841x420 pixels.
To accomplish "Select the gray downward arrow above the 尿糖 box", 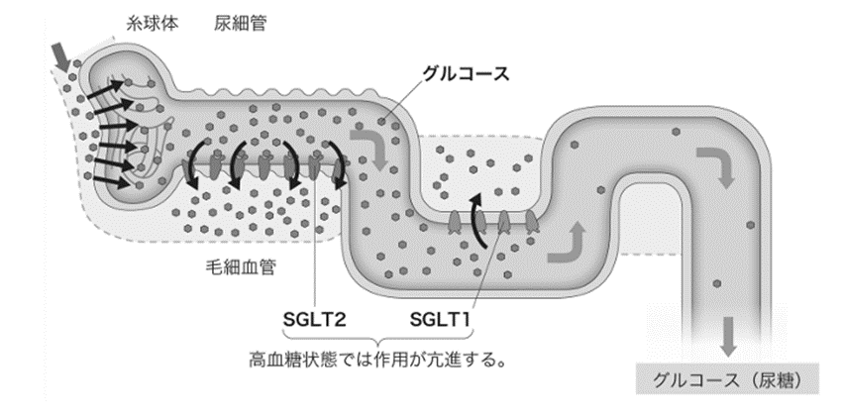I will point(728,338).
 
